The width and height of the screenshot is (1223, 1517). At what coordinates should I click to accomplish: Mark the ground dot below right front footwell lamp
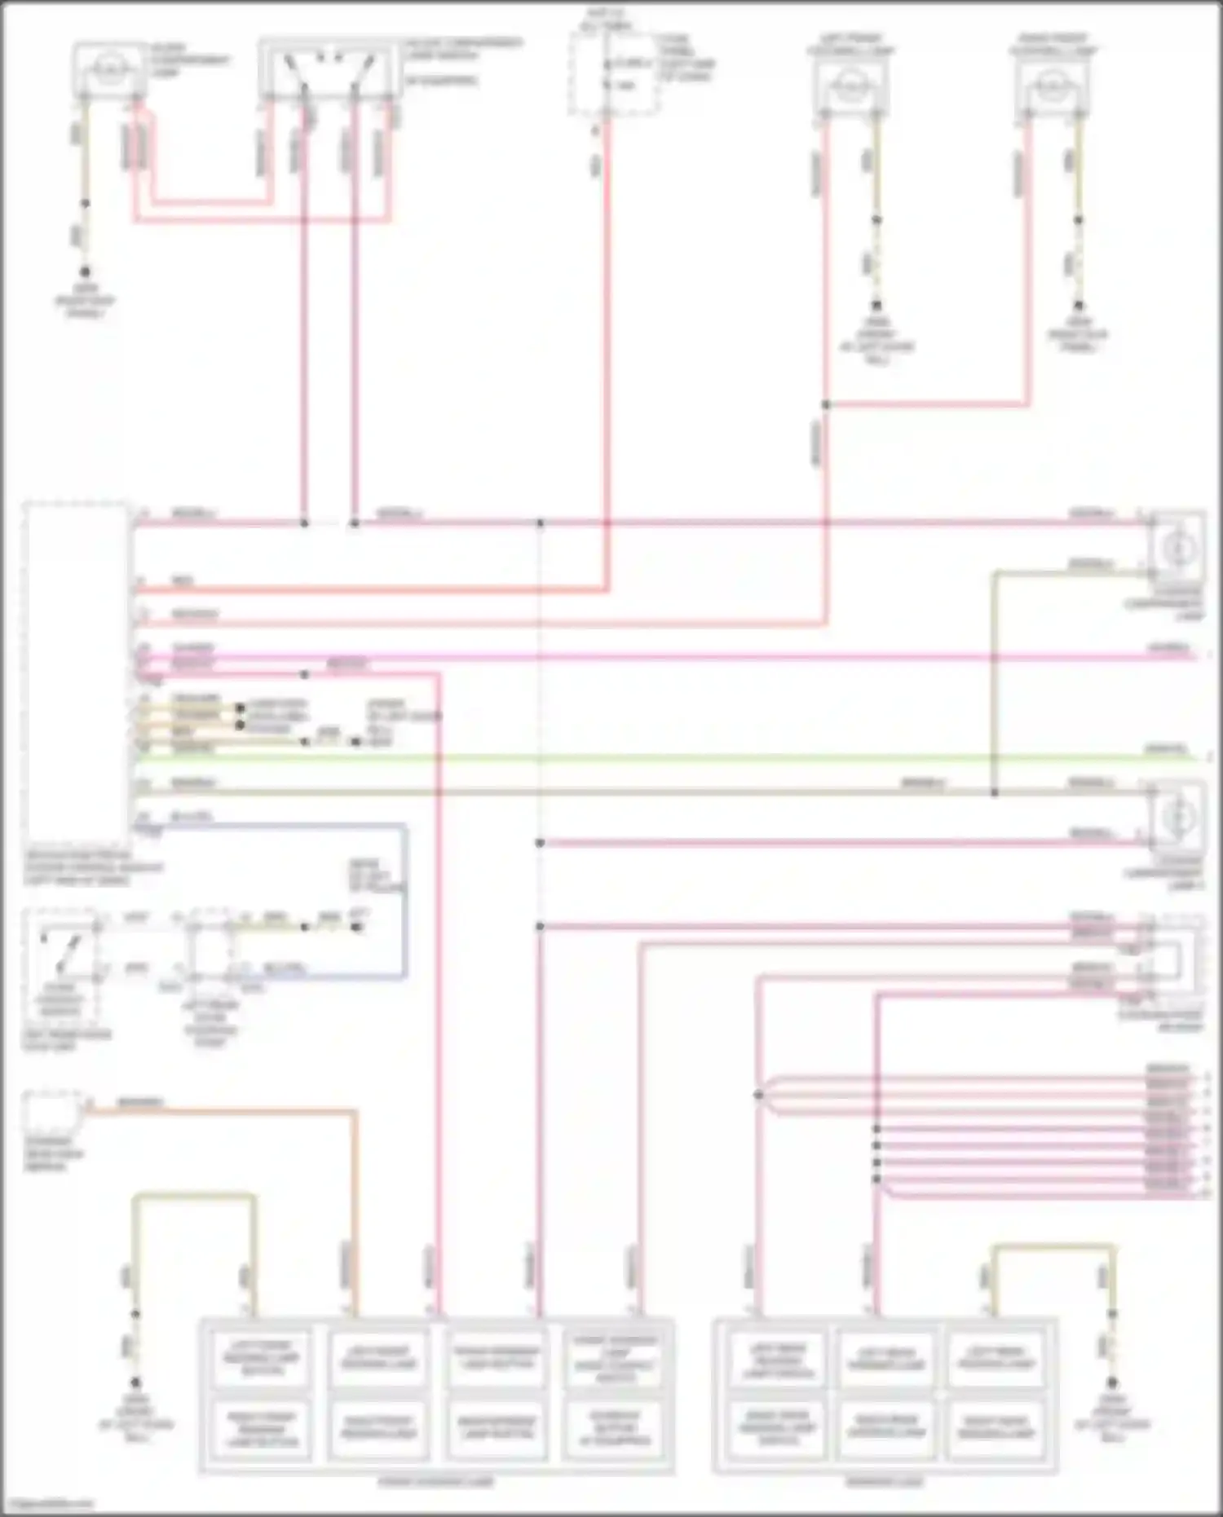pos(1078,306)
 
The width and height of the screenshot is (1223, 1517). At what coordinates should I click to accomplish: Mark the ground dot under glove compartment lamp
pos(85,271)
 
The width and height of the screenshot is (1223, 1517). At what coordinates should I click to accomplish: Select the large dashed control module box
pos(77,677)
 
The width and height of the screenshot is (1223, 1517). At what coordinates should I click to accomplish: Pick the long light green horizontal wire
pos(652,758)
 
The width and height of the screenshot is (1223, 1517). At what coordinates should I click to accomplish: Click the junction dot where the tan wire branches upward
pos(994,792)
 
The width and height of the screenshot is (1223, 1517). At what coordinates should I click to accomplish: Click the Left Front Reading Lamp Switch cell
pos(262,1359)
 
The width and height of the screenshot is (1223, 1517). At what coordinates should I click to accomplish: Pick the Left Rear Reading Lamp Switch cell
pos(778,1359)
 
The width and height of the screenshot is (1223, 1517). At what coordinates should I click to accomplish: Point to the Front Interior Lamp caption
pos(436,1482)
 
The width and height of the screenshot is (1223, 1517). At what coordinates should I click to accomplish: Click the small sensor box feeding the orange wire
pos(53,1109)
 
